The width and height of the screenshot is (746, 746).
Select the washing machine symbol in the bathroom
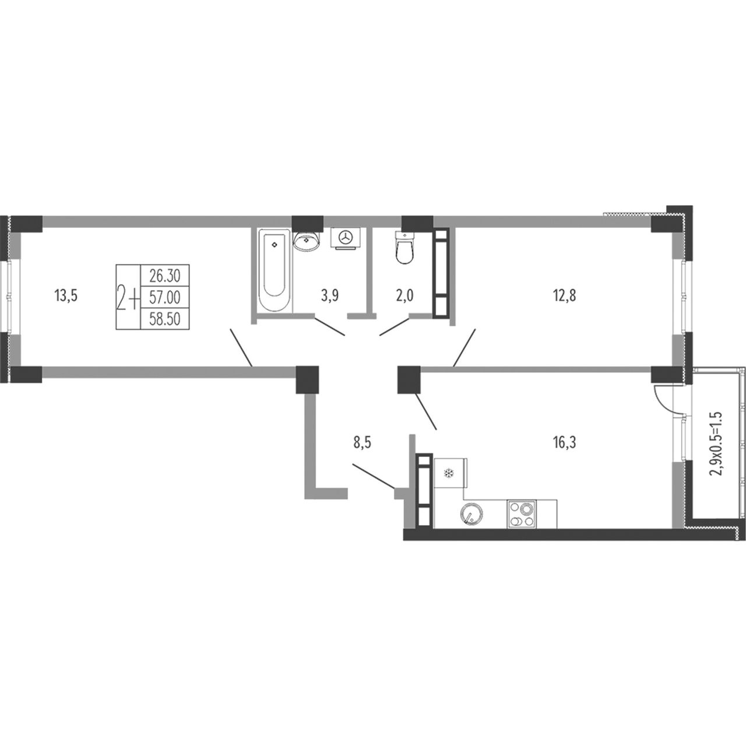point(346,238)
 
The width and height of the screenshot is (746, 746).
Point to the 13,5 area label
point(66,296)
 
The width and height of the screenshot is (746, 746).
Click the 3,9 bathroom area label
point(330,296)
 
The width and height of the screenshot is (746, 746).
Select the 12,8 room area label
point(564,296)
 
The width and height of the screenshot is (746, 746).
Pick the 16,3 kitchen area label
point(564,442)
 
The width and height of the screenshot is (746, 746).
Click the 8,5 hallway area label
point(362,442)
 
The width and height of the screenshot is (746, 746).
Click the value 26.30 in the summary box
point(165,276)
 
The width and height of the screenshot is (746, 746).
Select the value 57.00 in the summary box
point(165,297)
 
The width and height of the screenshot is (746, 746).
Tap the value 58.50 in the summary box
point(165,319)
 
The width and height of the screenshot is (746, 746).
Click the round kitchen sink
point(471,513)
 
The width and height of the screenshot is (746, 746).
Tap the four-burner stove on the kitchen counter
point(521,513)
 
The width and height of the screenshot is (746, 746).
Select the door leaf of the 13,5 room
point(241,347)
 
